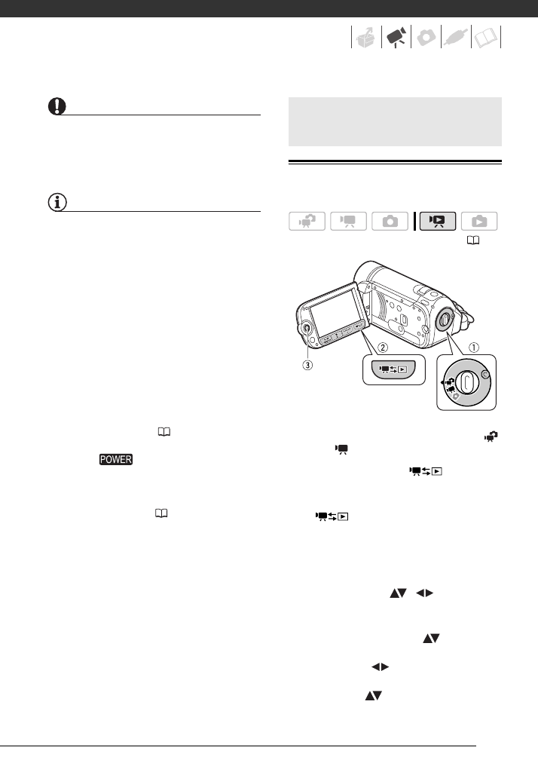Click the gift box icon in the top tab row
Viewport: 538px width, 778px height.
coord(365,37)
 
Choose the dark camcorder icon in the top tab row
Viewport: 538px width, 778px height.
coord(396,37)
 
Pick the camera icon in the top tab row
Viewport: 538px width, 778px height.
coord(426,37)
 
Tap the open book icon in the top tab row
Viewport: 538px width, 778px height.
coord(486,37)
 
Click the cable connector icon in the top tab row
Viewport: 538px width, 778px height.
coord(456,37)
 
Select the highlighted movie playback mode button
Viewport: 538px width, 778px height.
coord(438,222)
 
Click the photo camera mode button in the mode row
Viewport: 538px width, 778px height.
coord(390,222)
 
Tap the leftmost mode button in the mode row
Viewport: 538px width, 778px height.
coord(307,222)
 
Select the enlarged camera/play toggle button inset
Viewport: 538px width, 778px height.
coord(394,369)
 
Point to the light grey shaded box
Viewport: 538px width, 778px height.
coord(396,121)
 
